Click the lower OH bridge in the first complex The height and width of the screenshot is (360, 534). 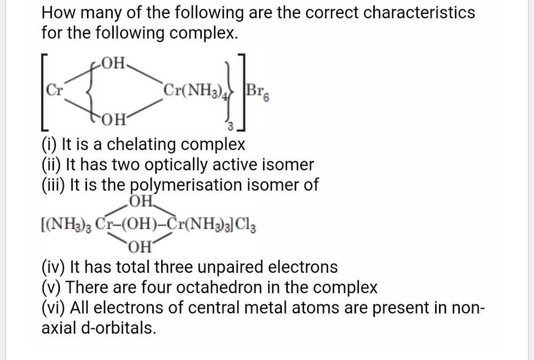(x=114, y=118)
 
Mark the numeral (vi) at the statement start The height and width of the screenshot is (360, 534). (x=53, y=308)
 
